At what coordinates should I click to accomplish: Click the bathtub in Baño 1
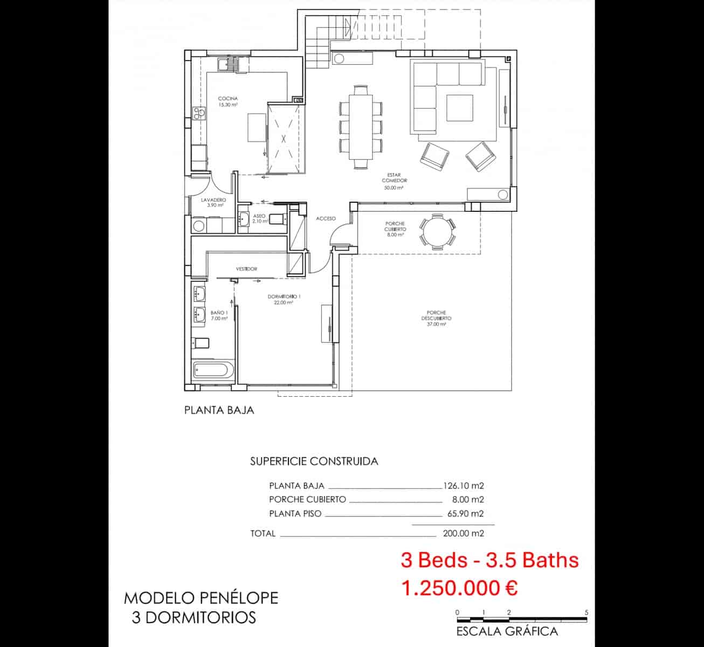213,371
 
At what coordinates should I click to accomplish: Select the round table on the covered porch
437,232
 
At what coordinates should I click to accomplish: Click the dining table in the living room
361,127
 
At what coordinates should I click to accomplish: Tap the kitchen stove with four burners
199,113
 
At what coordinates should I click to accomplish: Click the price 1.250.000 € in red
459,588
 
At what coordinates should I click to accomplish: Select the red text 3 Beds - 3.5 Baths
489,560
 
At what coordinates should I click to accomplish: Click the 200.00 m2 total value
463,533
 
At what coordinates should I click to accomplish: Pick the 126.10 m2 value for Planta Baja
463,485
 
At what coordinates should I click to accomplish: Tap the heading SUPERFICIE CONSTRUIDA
314,461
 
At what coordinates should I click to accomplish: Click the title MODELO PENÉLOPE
201,598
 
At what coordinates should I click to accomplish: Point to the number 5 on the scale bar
586,612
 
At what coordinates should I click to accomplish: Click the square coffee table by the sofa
459,108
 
